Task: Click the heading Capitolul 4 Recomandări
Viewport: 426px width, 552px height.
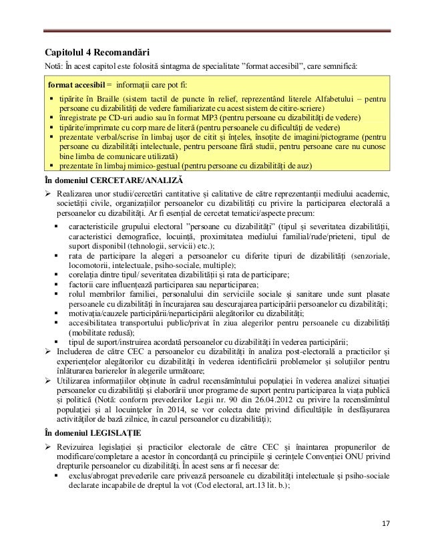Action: (x=97, y=52)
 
